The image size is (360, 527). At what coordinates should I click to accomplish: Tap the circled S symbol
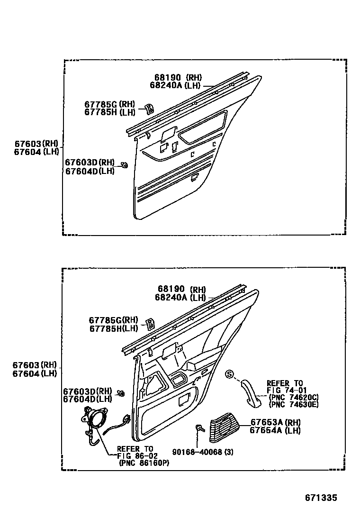230,374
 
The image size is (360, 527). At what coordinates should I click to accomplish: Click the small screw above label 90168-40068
199,428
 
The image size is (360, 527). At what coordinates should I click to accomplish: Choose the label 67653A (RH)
275,422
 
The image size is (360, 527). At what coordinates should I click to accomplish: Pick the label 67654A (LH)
275,430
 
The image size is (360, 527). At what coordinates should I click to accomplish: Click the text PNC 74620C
294,397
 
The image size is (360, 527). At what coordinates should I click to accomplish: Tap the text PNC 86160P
145,463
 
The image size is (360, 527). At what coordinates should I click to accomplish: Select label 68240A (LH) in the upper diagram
176,85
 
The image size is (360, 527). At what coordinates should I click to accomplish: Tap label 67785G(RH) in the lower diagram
113,320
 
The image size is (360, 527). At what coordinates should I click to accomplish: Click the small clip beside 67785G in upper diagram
148,109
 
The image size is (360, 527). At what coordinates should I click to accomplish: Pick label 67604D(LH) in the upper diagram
90,171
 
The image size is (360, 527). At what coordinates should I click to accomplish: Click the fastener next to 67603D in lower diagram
121,393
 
